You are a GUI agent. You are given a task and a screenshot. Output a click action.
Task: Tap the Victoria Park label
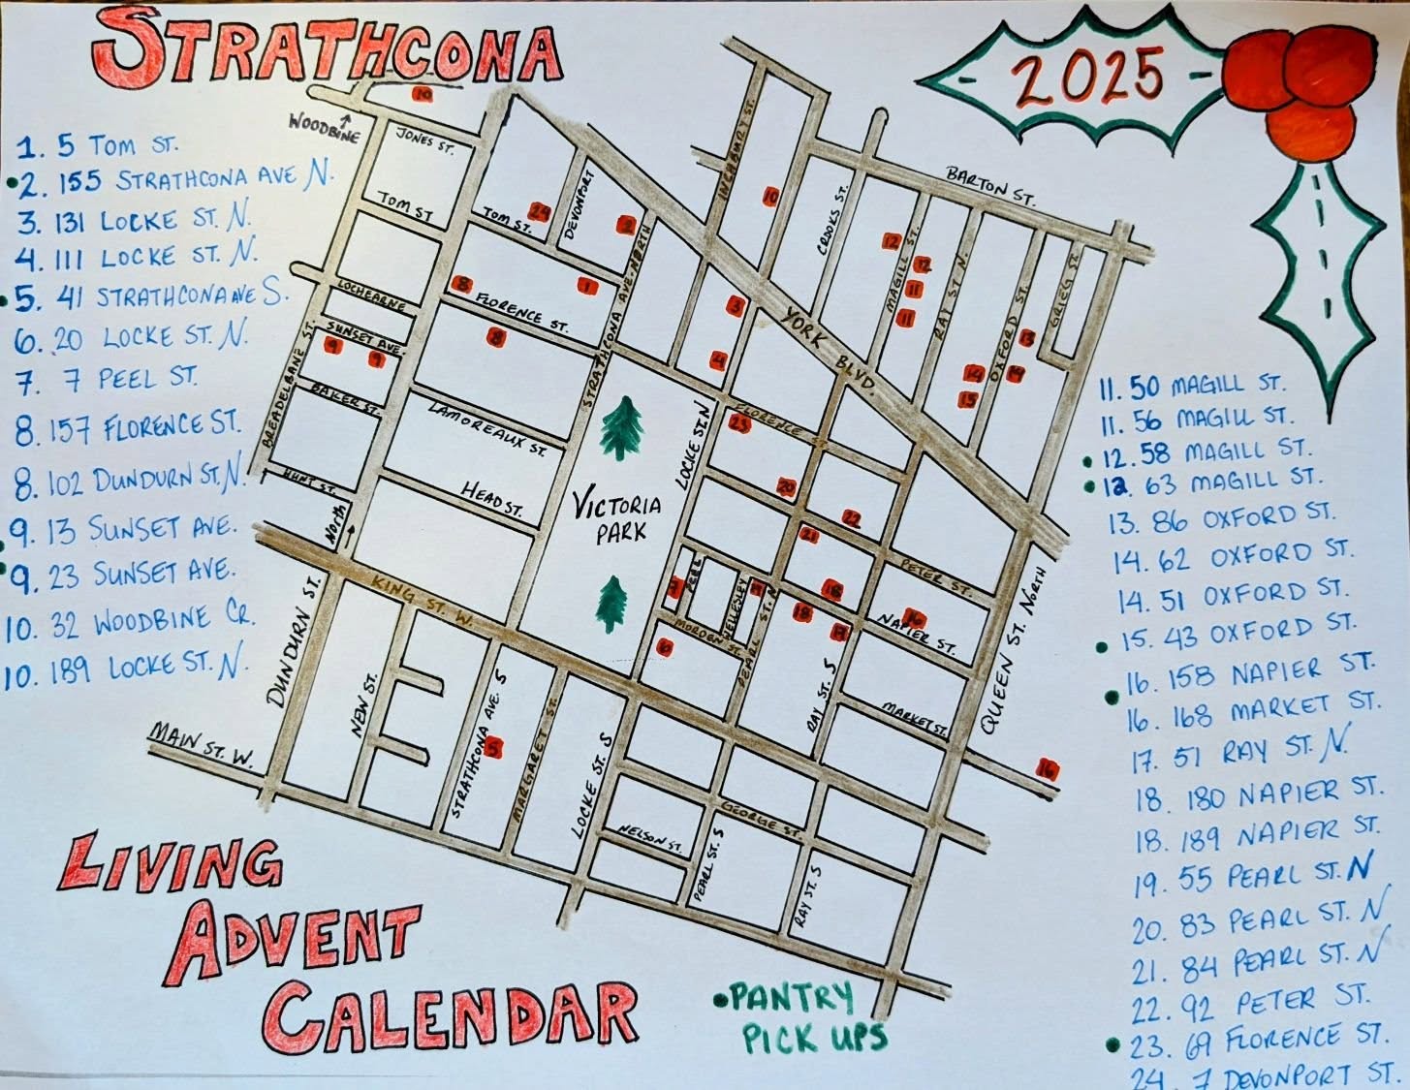coord(617,518)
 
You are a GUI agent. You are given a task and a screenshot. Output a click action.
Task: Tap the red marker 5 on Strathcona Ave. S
coord(495,747)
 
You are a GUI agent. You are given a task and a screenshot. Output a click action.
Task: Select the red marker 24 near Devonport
coord(540,211)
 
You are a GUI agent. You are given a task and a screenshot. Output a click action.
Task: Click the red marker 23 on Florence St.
coord(740,423)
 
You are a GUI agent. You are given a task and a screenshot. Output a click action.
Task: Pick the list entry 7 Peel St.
coord(109,379)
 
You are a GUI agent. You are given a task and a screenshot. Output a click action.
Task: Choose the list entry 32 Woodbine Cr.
coord(130,623)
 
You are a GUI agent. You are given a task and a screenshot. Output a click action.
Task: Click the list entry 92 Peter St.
coord(1250,1003)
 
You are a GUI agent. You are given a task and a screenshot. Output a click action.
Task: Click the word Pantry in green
coord(791,996)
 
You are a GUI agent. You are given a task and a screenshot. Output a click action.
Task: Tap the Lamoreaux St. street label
coord(487,427)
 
